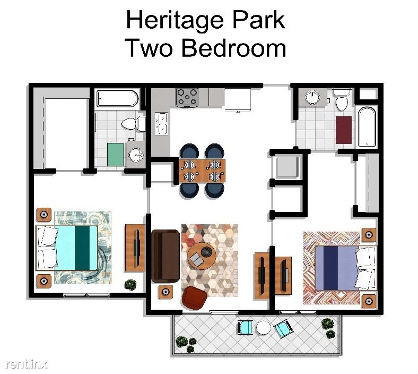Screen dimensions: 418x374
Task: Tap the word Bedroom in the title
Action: coord(234,48)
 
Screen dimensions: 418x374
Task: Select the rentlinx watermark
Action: coord(27,363)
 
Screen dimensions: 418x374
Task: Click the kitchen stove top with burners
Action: coord(187,97)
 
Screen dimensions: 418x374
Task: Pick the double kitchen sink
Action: coord(162,123)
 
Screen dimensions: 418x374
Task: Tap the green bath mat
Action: coord(116,155)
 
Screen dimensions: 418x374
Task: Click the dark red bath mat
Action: coord(344,130)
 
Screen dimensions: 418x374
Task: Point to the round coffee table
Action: coord(201,256)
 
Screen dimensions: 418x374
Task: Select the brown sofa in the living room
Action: coord(166,256)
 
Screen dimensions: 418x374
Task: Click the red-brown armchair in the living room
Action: coord(194,298)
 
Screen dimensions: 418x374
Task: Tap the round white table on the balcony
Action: coord(264,328)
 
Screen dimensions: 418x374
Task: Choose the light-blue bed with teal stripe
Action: coord(67,248)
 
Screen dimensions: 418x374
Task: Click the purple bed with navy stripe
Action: coord(346,268)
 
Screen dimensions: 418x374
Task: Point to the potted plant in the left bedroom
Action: coord(130,285)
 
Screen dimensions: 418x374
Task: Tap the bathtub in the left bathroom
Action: coord(118,98)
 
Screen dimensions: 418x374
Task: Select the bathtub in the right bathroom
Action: coord(367,127)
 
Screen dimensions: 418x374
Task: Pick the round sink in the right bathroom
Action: coord(312,97)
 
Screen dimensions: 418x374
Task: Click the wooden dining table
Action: coord(202,171)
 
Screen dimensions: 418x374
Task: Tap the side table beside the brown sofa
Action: coord(166,292)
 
